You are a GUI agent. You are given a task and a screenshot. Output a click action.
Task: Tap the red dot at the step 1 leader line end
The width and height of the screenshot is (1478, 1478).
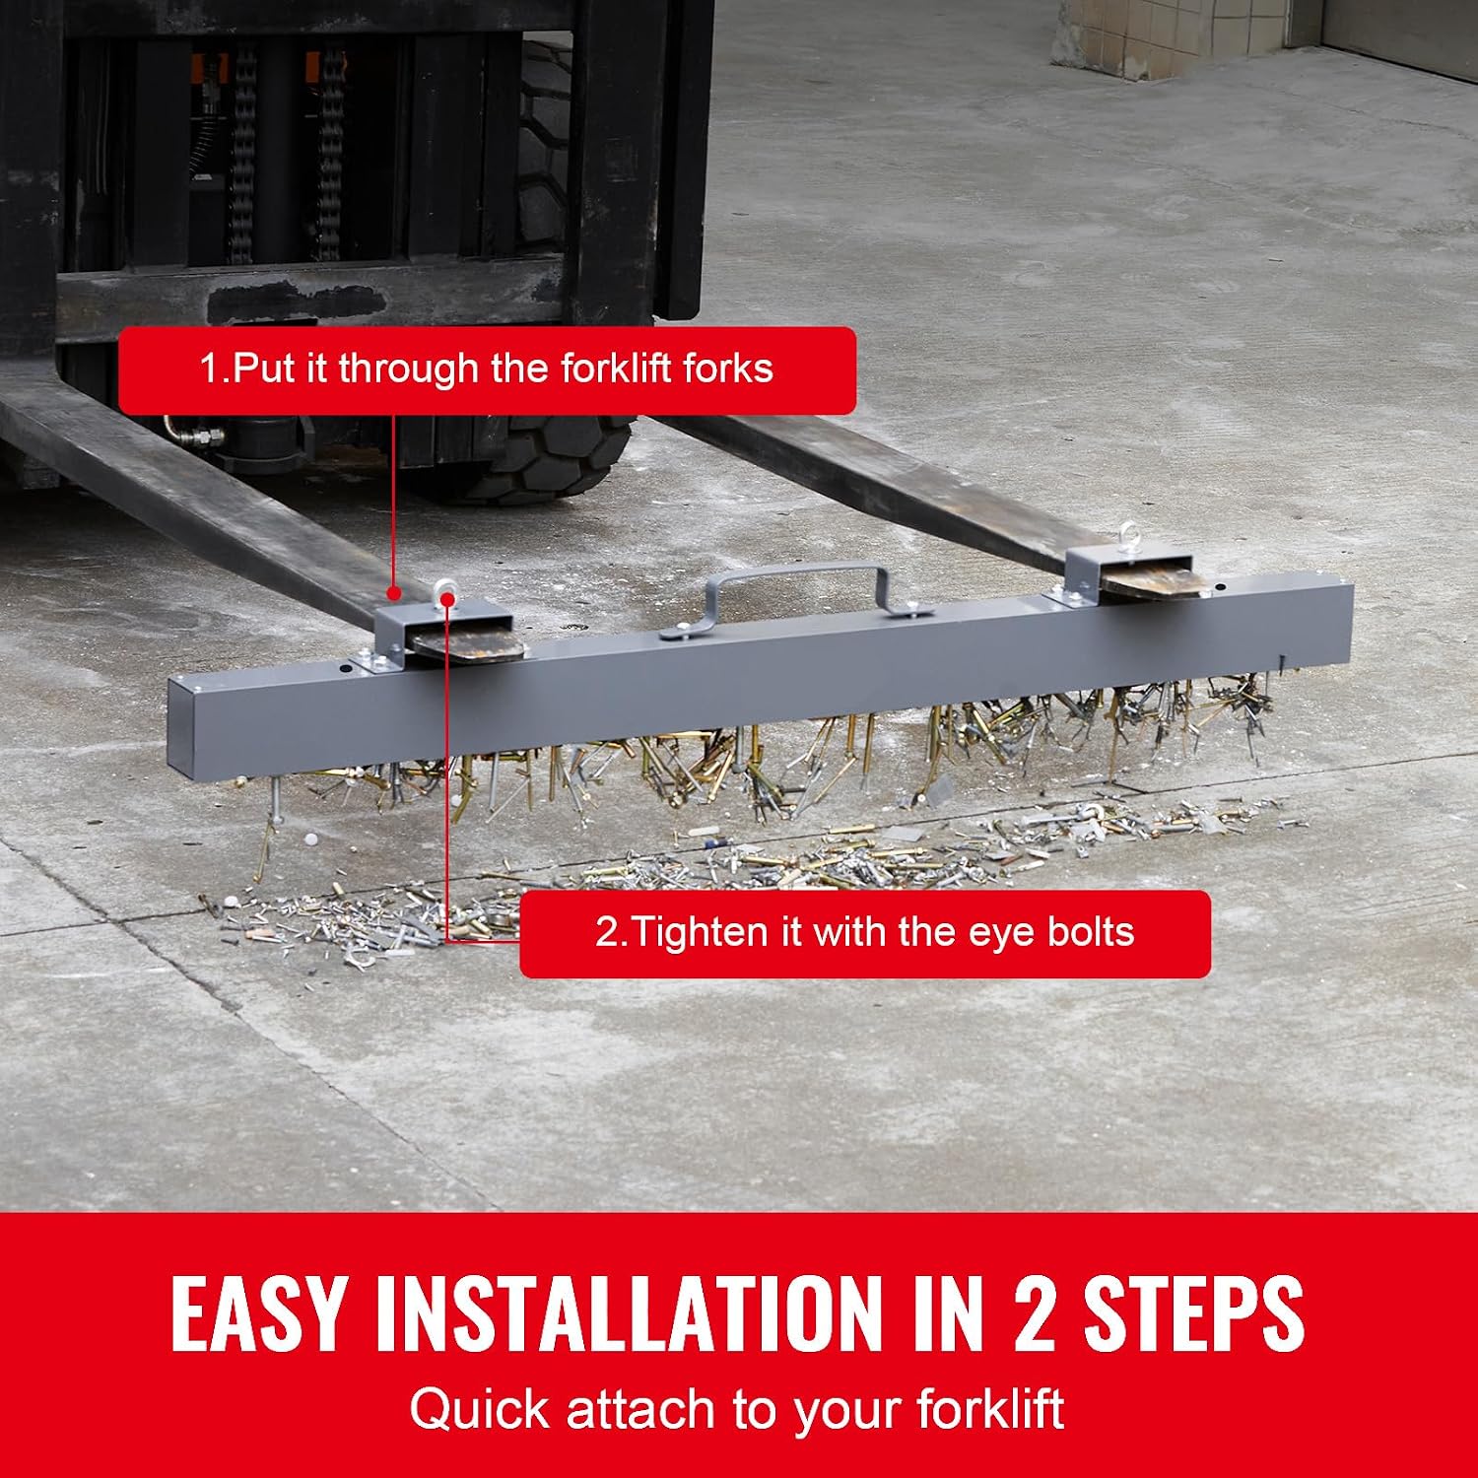tap(393, 594)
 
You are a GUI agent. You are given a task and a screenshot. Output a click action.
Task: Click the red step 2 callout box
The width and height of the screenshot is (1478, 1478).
tap(865, 934)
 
